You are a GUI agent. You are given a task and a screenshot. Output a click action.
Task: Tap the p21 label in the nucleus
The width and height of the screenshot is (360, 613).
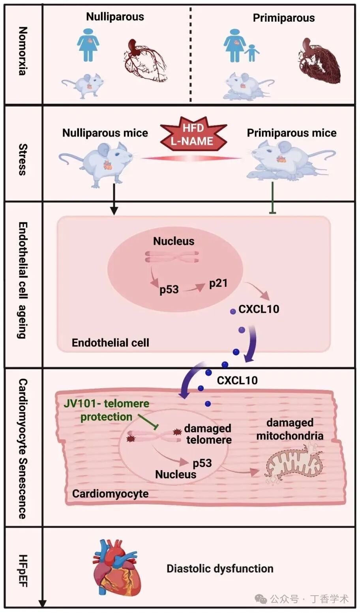218,284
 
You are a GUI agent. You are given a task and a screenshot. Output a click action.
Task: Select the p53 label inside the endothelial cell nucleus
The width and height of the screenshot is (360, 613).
169,290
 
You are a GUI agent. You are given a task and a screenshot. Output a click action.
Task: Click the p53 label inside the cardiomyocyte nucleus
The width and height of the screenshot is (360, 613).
202,463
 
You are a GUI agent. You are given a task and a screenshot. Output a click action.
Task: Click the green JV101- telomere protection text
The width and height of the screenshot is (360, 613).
107,410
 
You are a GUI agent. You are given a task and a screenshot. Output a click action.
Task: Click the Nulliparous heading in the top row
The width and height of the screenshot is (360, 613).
115,17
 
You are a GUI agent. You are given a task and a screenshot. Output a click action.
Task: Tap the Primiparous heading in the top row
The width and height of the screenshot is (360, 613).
284,18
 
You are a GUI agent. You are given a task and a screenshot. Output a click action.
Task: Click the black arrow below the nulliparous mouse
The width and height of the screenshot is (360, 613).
114,199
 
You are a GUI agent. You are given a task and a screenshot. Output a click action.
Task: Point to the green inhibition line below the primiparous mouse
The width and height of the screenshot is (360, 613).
272,198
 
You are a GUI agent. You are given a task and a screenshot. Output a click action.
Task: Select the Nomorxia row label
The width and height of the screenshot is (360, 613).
23,51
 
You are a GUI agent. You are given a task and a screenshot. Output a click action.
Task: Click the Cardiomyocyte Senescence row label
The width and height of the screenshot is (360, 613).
23,449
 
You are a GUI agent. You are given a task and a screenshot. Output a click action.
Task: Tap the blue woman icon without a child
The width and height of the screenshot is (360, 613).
88,44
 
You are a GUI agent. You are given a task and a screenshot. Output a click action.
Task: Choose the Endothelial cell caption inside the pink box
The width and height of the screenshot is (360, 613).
110,343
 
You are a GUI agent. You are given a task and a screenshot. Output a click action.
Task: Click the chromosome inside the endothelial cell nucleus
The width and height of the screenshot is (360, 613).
172,257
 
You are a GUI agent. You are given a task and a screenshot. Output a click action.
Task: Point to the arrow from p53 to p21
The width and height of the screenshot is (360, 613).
194,288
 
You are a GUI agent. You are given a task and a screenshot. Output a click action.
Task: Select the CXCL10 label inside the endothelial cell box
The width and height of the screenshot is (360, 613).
259,309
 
